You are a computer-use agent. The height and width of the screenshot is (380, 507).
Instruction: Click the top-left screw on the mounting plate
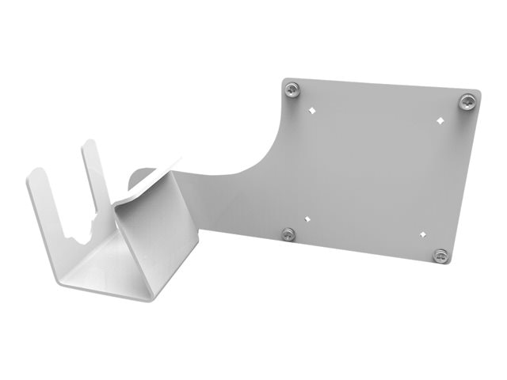(x=293, y=89)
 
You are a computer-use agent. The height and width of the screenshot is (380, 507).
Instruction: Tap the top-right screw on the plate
(x=468, y=101)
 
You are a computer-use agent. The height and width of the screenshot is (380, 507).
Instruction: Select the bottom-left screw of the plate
(x=288, y=234)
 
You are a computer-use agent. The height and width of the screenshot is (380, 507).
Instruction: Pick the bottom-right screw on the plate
(x=441, y=255)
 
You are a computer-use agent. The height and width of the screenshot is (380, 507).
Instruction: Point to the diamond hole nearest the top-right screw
(x=441, y=120)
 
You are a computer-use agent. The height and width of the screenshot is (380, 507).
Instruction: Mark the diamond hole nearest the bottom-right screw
(x=422, y=234)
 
